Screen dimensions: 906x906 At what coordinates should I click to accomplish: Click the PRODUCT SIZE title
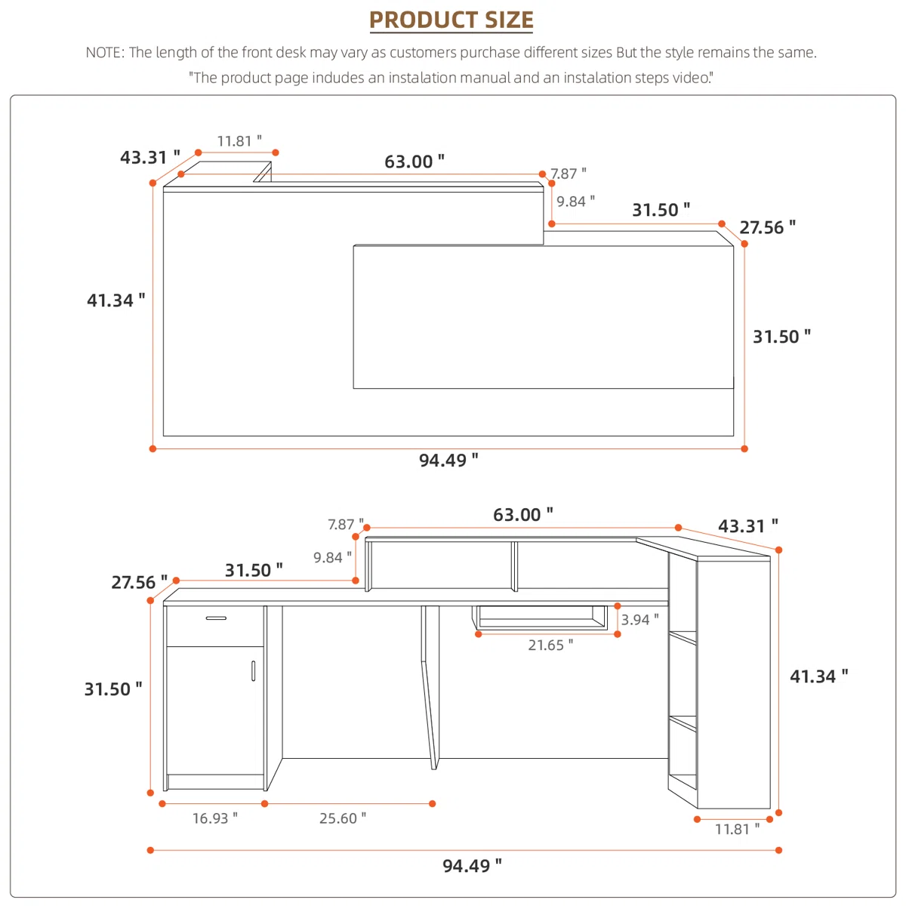click(451, 20)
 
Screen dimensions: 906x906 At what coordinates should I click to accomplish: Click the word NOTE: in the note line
click(105, 52)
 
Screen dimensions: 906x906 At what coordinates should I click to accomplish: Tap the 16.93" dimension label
click(215, 818)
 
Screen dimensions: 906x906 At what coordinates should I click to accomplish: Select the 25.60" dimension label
click(342, 818)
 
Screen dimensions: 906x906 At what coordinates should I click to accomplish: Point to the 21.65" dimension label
click(550, 645)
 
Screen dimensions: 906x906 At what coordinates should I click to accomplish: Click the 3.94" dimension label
click(640, 620)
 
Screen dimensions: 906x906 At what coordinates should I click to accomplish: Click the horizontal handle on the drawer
click(216, 618)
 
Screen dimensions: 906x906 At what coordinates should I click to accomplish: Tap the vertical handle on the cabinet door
click(254, 671)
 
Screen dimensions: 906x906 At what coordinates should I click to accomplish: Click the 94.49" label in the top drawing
click(448, 460)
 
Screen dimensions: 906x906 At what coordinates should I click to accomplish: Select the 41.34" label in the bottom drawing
click(819, 676)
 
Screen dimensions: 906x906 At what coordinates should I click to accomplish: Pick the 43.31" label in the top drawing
click(150, 157)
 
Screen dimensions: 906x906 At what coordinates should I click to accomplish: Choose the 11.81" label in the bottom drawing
click(737, 842)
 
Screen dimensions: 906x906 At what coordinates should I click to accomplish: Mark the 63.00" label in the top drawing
click(414, 162)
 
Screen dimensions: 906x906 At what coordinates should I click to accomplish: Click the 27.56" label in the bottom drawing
click(139, 582)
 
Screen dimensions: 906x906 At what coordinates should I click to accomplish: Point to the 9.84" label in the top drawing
click(575, 202)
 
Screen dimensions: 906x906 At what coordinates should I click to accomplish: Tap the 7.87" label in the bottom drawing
click(346, 524)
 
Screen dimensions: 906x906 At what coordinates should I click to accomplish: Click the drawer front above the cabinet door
click(215, 626)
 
